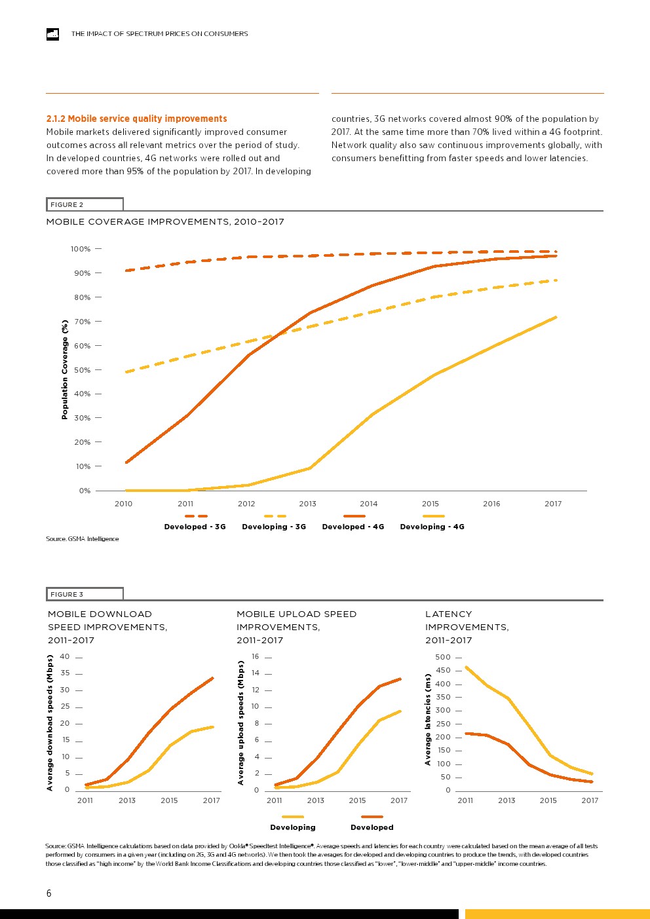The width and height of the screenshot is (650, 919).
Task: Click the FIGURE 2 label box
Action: (x=84, y=204)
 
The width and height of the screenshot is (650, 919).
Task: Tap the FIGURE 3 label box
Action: (x=84, y=594)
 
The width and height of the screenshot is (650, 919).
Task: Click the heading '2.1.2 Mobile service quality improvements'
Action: (x=136, y=119)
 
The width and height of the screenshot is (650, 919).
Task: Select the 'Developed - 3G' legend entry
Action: (x=195, y=527)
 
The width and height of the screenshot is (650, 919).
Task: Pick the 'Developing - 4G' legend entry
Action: (x=432, y=527)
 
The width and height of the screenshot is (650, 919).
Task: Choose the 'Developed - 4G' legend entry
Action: (x=353, y=527)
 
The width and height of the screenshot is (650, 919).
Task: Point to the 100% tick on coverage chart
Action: (x=81, y=249)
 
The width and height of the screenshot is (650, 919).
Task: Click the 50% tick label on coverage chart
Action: (x=83, y=370)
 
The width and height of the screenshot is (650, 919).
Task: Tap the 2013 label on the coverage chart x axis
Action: (x=307, y=504)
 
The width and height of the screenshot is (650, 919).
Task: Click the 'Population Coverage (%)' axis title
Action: (x=64, y=369)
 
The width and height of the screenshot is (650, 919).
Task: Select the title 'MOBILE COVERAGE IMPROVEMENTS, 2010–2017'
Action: (x=165, y=221)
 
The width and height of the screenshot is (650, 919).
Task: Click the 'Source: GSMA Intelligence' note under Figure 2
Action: (x=83, y=538)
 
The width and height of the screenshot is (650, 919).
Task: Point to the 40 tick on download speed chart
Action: (x=65, y=656)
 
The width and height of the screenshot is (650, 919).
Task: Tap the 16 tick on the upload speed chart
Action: (x=256, y=656)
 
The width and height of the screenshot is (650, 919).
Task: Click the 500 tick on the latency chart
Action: (x=443, y=657)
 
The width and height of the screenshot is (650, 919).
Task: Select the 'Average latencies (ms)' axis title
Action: (x=428, y=719)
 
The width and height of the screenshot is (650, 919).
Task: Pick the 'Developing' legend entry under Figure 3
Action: (x=293, y=827)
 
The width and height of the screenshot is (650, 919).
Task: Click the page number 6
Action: (x=48, y=893)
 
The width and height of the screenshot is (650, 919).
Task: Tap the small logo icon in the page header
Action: (x=52, y=34)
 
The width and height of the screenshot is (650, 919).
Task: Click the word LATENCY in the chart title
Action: (x=448, y=614)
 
